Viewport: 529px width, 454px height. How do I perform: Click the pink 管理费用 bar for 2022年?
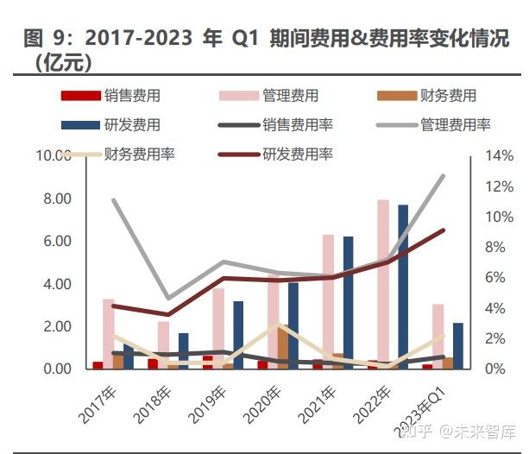(382, 285)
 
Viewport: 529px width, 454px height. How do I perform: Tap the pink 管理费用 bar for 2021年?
(328, 302)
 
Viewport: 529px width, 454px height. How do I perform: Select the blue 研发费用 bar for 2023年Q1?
(458, 346)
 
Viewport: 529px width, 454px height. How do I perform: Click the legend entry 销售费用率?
(297, 125)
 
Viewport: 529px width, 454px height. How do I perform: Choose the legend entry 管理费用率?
(456, 125)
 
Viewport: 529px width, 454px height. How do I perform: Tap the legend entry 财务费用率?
(139, 154)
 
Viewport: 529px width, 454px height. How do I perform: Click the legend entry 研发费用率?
(297, 154)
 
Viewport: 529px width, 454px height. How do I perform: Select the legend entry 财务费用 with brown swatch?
(447, 96)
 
